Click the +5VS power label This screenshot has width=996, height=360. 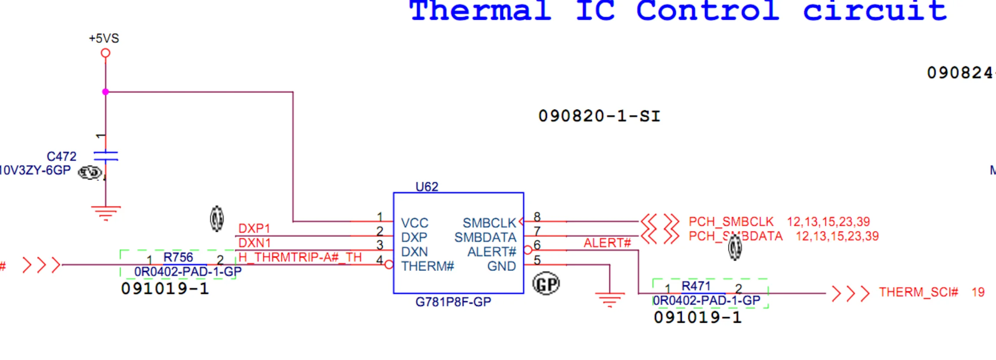click(x=104, y=39)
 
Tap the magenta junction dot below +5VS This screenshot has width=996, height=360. click(x=105, y=92)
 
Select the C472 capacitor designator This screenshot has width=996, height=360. click(x=61, y=156)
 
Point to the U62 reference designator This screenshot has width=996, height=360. click(x=427, y=187)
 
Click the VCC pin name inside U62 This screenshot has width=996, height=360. click(x=414, y=223)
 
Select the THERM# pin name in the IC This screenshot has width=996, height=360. click(x=427, y=266)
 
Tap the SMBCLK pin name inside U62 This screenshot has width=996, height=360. click(x=489, y=223)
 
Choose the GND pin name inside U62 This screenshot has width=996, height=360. click(x=501, y=266)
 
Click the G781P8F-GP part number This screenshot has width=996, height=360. click(x=453, y=302)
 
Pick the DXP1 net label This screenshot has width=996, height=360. click(x=254, y=228)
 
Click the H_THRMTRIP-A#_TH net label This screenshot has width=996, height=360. click(x=300, y=257)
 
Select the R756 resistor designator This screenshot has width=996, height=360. click(x=178, y=257)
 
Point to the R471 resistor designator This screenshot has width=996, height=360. click(x=696, y=286)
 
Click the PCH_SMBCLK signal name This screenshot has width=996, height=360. click(x=731, y=222)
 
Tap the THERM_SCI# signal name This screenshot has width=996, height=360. click(x=918, y=292)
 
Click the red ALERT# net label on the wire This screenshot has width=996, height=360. click(x=607, y=243)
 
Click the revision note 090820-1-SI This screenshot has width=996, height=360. click(x=599, y=116)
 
